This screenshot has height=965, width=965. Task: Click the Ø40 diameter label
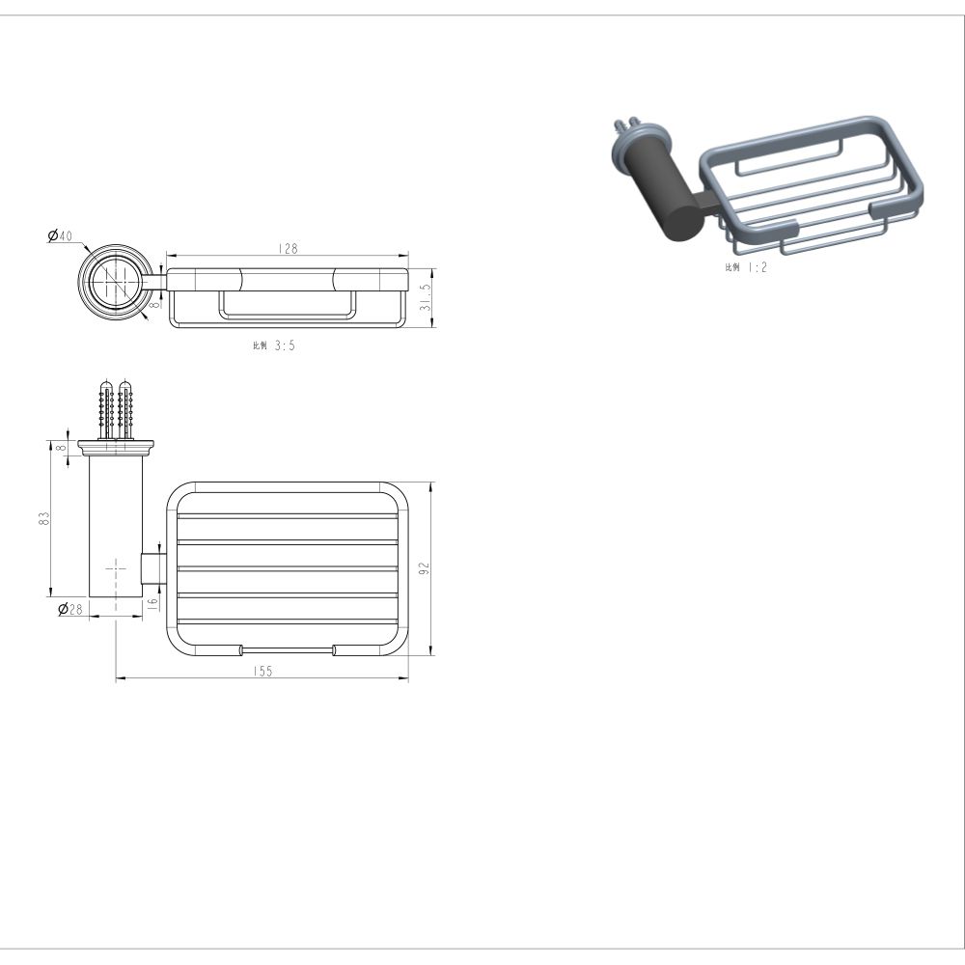click(60, 235)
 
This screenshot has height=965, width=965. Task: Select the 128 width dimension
click(288, 249)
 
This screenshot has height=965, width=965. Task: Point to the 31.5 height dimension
click(426, 296)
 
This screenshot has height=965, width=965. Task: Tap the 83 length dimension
click(43, 518)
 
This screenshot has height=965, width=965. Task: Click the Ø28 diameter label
click(70, 609)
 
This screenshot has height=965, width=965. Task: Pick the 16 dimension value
click(152, 602)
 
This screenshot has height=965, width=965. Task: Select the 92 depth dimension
click(424, 568)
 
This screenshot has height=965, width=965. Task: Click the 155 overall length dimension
click(262, 672)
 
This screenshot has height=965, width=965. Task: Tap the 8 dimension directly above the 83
click(60, 447)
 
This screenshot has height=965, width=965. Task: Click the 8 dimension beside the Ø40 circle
click(155, 303)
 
